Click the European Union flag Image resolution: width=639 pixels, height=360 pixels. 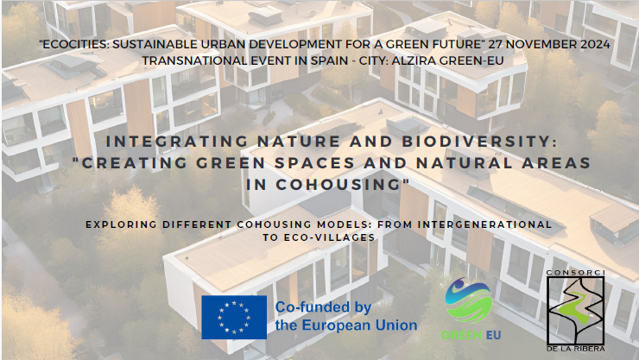pyautogui.click(x=234, y=317)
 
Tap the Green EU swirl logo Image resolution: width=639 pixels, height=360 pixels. pyautogui.click(x=469, y=300)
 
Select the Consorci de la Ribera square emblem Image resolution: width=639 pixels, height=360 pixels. pyautogui.click(x=575, y=310)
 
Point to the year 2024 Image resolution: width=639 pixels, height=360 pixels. pyautogui.click(x=596, y=44)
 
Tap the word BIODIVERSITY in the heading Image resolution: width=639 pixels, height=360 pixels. pyautogui.click(x=479, y=142)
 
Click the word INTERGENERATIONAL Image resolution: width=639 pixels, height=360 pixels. pyautogui.click(x=484, y=224)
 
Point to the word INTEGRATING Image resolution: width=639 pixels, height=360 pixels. pyautogui.click(x=177, y=142)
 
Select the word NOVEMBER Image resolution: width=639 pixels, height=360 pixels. pyautogui.click(x=541, y=44)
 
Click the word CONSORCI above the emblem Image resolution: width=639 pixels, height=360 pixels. pyautogui.click(x=575, y=273)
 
